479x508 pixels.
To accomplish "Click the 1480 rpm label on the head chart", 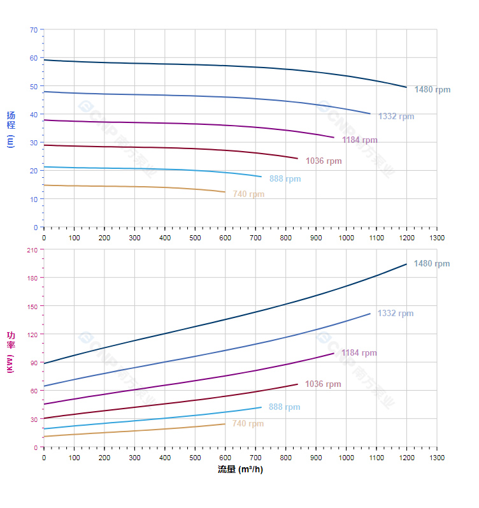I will click(x=432, y=90).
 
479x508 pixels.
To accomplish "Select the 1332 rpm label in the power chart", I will click(x=395, y=314).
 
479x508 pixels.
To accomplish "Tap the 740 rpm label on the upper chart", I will click(x=248, y=194).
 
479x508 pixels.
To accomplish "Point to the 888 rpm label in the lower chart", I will click(x=284, y=407).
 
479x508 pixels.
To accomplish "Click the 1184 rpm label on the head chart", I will click(x=359, y=140).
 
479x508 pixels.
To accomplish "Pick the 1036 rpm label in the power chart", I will click(x=323, y=384).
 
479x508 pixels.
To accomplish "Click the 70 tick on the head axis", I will click(x=34, y=29).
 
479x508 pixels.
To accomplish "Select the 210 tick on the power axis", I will click(x=32, y=250).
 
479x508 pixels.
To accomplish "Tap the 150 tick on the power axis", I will click(x=32, y=306).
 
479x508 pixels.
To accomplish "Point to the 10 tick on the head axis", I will click(x=34, y=199).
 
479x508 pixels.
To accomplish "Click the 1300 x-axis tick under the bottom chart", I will click(x=437, y=458).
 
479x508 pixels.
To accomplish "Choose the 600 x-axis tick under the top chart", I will click(x=225, y=238).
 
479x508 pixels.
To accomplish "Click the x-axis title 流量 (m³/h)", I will click(x=240, y=470).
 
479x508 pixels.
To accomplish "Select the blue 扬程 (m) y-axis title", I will click(x=10, y=129).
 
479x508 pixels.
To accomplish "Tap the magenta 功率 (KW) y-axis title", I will click(x=10, y=352).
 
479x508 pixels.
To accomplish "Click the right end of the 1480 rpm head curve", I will click(x=406, y=87).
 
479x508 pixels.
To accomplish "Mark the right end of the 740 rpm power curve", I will click(x=225, y=424).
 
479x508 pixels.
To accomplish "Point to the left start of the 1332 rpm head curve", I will click(x=44, y=92).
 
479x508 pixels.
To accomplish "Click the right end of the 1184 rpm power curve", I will click(x=334, y=353).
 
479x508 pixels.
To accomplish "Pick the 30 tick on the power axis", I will click(x=34, y=419).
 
